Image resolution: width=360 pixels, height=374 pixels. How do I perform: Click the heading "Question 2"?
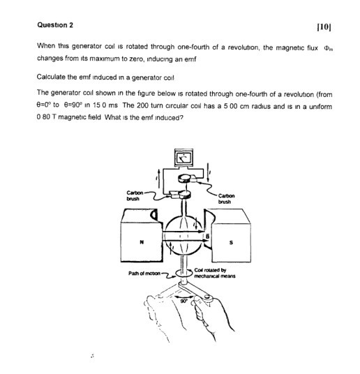coord(56,26)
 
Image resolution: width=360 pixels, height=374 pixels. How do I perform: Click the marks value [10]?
coord(322,27)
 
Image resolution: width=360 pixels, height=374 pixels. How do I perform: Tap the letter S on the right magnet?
coord(232,242)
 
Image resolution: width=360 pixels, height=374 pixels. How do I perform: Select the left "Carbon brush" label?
coord(134,196)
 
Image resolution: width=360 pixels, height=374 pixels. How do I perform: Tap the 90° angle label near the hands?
coord(186,301)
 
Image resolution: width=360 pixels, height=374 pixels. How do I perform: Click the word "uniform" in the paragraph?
coord(318,105)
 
